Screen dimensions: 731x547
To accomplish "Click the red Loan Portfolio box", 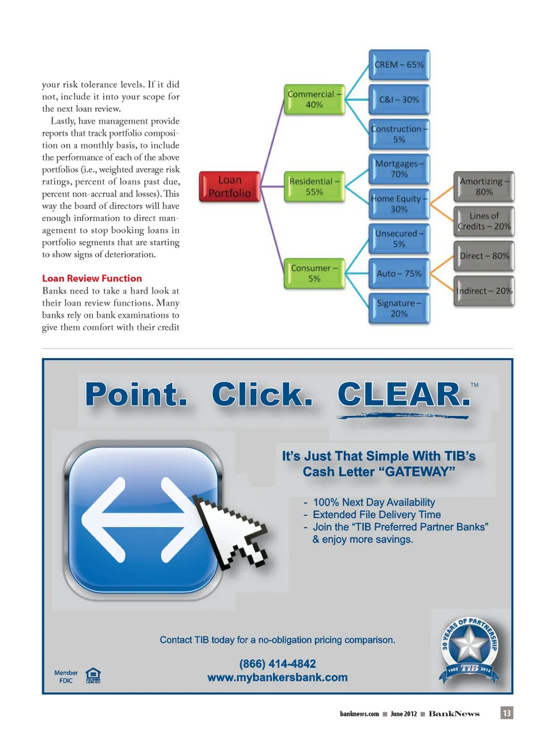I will click(230, 187).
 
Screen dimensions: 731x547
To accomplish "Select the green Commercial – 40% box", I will click(314, 100).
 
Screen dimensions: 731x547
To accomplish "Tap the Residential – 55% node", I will click(314, 187).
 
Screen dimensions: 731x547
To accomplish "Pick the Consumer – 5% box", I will click(314, 273).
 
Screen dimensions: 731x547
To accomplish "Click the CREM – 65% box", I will click(399, 65).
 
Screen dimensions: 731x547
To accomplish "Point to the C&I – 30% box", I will click(399, 100).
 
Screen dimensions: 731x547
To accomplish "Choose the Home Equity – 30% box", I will click(399, 204).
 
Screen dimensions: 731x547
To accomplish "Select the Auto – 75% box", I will click(399, 274).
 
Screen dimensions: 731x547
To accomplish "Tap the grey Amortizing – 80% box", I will click(484, 187).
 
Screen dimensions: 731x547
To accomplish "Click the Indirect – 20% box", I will click(484, 291).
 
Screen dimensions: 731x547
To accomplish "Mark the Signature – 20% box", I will click(399, 309).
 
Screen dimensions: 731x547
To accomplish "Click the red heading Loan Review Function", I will click(92, 278).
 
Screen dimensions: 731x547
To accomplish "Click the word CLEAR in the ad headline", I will click(403, 395).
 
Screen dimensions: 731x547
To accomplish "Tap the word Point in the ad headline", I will click(136, 395).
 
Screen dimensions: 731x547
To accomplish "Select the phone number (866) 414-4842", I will click(277, 664).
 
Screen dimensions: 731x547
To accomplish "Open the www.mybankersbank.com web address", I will click(277, 677).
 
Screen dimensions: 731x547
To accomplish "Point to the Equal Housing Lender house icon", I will click(93, 675).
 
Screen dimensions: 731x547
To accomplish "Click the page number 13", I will click(507, 713).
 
